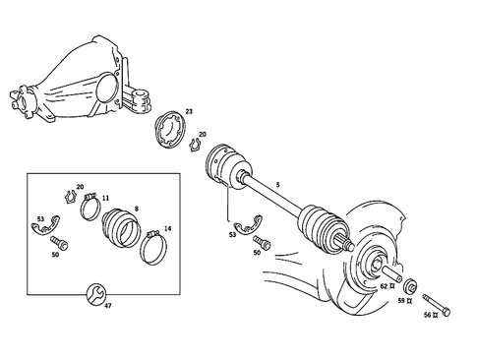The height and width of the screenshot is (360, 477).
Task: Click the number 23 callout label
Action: [188, 112]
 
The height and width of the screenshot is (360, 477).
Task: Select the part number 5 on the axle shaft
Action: [278, 185]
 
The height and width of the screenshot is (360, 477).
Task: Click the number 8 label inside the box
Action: [137, 209]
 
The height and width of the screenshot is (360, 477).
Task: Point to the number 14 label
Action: [167, 228]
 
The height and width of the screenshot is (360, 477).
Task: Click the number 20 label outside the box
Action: [203, 134]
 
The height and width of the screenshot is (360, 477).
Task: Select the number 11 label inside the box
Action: [106, 199]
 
